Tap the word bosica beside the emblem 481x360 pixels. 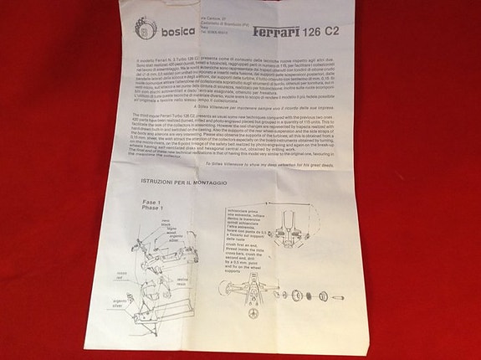coord(178,31)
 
